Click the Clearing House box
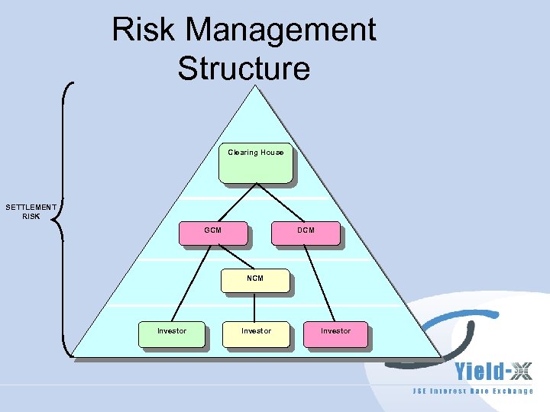255,163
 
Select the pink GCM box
213,233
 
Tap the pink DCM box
306,233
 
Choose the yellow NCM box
255,280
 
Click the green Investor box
172,334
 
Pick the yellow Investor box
256,334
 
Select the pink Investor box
335,334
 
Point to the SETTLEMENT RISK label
31,211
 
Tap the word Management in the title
280,31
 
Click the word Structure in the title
244,69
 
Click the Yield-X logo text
493,372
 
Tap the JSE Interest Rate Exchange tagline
473,391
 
